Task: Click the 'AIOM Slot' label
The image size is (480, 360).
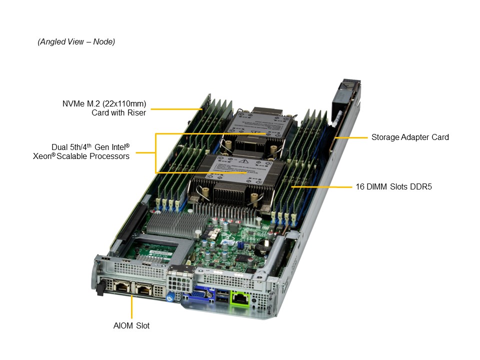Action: pos(131,325)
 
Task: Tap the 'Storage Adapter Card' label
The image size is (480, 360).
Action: pos(410,137)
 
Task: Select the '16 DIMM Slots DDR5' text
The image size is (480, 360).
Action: pos(393,186)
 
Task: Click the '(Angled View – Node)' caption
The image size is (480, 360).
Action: pos(76,41)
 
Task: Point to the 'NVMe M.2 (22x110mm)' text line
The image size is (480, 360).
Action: pos(104,104)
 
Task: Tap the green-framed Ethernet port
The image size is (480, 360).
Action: pos(240,297)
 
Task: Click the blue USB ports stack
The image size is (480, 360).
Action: pos(222,296)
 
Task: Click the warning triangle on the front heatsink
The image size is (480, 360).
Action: pos(244,161)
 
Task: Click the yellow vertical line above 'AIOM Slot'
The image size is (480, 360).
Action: pos(131,307)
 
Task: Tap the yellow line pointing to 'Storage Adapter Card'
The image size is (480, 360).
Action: pos(351,138)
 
